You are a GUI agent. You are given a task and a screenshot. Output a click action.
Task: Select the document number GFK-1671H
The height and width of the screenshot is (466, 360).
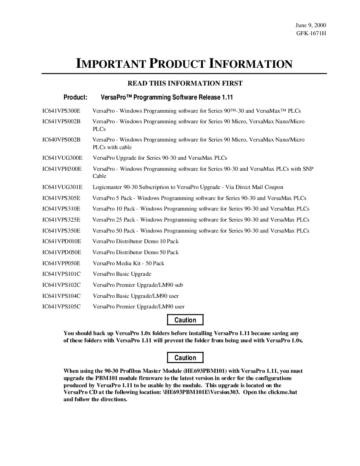pos(311,33)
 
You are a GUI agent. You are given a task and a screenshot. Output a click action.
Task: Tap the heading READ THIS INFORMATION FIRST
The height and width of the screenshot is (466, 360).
pos(185,83)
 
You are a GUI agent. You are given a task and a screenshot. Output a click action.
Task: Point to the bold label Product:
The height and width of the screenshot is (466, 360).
pos(75,97)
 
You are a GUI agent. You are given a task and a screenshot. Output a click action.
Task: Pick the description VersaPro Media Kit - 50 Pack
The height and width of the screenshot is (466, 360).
pos(128,264)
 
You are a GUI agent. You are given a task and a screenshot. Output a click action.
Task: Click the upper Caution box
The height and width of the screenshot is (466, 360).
pos(185,320)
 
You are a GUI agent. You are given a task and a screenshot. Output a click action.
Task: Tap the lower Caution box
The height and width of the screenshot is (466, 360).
pos(185,358)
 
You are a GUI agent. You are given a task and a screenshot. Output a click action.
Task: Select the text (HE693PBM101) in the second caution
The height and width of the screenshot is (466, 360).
pos(205,371)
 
